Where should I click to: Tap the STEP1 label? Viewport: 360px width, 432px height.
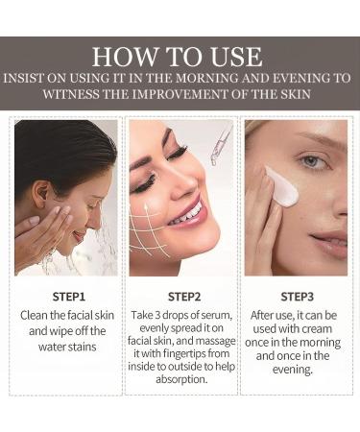click(x=67, y=296)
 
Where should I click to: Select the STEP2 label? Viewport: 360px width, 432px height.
click(x=181, y=296)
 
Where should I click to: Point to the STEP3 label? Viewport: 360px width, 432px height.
click(x=295, y=296)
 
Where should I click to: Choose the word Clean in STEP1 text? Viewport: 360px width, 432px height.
click(x=37, y=314)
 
